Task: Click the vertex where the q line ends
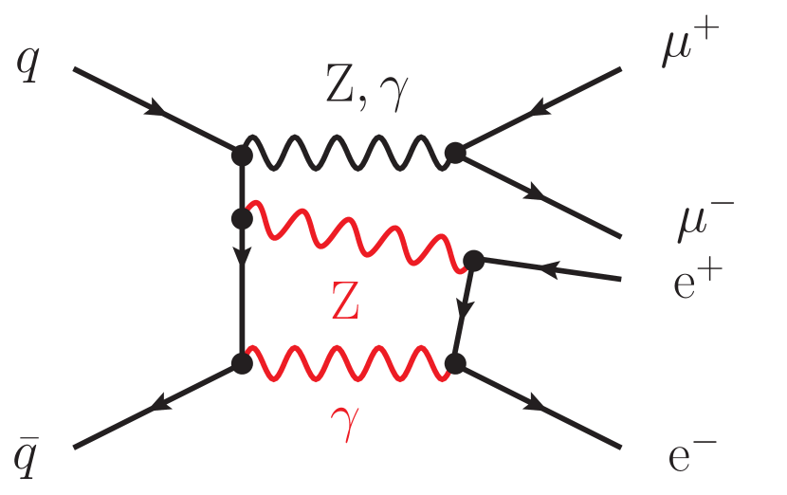(241, 152)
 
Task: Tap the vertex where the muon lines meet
(456, 153)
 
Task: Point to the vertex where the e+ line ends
(472, 259)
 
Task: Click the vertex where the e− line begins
(456, 362)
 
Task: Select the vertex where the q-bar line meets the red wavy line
(241, 362)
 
